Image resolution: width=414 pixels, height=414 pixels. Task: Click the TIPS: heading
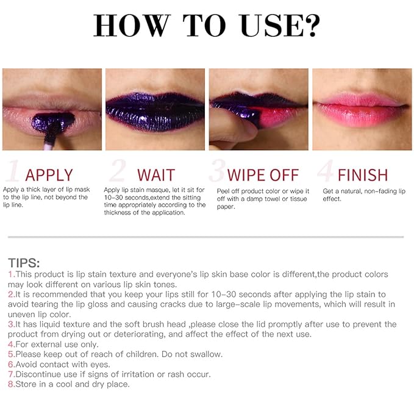click(x=24, y=263)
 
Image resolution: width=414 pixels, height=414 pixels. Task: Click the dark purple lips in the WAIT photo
click(x=155, y=110)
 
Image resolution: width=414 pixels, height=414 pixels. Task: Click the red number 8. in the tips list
click(x=11, y=384)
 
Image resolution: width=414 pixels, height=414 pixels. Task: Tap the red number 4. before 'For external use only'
click(x=11, y=344)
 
